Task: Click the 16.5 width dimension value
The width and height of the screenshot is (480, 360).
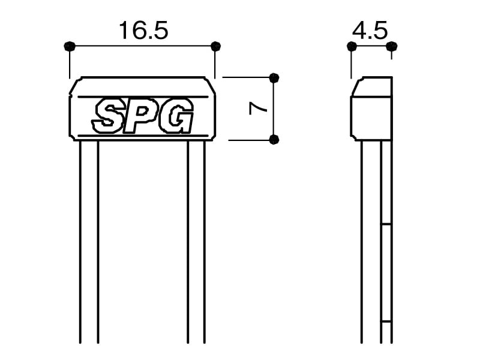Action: pos(143,31)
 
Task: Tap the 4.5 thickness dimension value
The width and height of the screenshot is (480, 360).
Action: pos(370,31)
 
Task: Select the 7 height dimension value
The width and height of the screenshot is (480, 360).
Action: pos(258,109)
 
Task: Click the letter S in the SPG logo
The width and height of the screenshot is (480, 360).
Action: pos(107,115)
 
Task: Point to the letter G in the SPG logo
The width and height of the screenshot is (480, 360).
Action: pos(176,115)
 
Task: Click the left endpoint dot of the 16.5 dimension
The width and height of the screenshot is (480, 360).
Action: pos(70,46)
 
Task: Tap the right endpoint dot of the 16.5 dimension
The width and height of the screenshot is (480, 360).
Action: pos(215,46)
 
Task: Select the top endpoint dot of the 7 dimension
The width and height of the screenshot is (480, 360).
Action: pos(274,78)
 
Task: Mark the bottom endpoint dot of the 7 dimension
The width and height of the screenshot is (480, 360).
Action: pos(274,140)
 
